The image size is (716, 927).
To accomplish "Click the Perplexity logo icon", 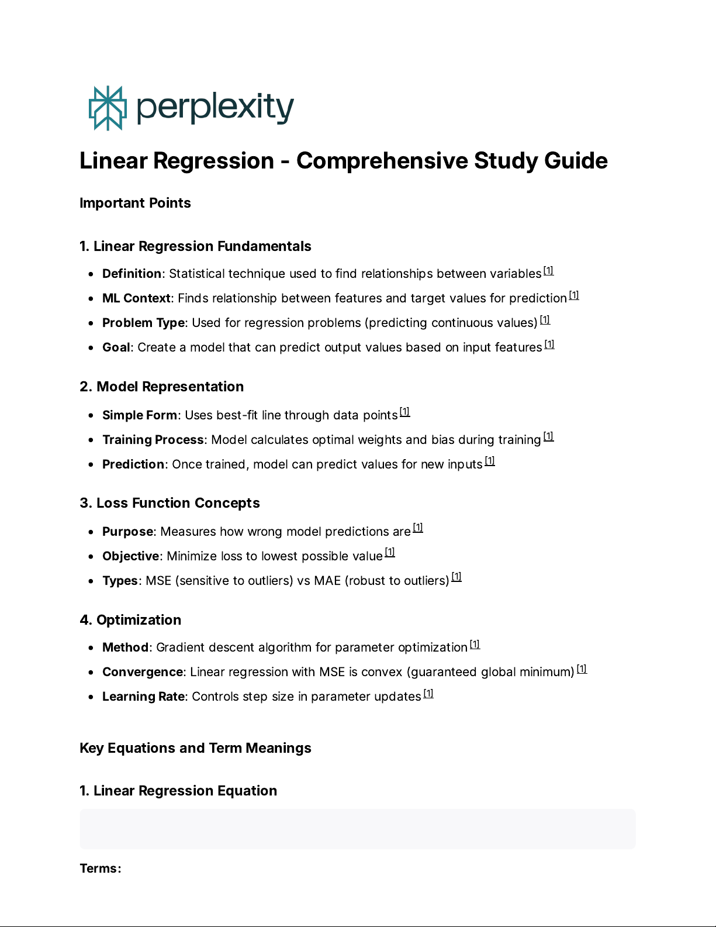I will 108,108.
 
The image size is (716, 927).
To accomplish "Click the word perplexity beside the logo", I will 215,108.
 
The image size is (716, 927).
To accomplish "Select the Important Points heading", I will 135,203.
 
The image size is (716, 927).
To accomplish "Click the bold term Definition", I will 132,274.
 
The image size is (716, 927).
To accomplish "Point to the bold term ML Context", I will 136,298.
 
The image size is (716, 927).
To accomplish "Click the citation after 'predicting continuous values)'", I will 545,320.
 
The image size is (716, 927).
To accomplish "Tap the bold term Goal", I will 116,347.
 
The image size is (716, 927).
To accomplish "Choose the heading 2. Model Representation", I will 161,387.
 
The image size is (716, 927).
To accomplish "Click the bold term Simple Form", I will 139,415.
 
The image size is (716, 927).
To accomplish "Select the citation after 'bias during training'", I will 548,436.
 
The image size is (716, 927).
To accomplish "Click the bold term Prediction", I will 133,464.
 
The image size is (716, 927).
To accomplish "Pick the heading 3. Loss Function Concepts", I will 170,503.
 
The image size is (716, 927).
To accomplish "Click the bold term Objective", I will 130,556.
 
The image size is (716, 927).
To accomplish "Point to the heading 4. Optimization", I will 130,620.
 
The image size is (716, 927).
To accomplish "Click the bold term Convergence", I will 143,672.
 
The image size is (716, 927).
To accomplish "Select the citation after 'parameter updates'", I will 428,694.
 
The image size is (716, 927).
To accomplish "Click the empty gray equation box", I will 357,829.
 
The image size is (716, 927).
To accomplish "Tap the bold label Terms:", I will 100,869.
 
